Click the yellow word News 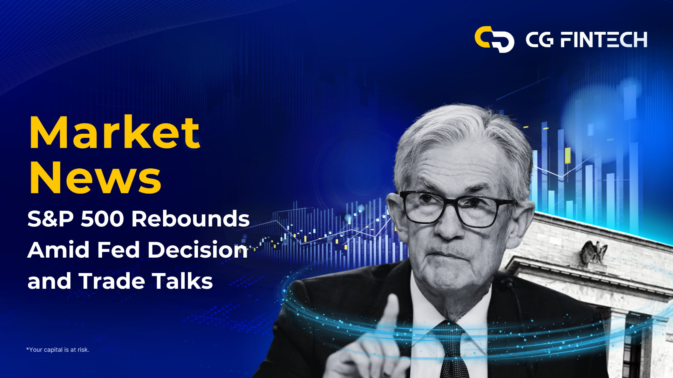coord(95,177)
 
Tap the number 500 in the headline coord(102,219)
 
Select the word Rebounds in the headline coord(190,219)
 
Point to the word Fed coord(118,250)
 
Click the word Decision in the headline coord(198,250)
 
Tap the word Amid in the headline coord(59,250)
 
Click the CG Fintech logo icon coord(494,39)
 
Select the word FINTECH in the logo coord(604,40)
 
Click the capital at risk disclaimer coord(58,350)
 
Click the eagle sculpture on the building coord(594,252)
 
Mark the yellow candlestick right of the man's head coord(567,156)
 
